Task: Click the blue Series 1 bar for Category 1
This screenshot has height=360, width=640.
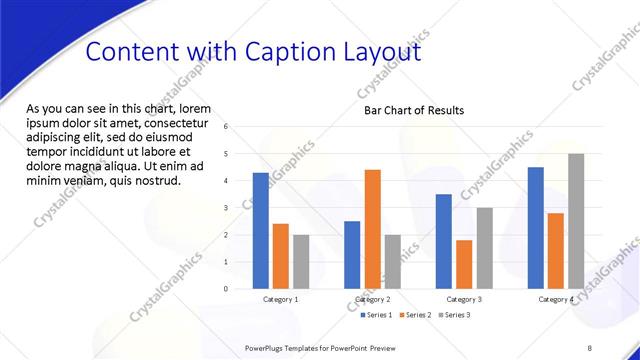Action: [260, 231]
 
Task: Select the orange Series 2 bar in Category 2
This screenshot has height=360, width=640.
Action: [372, 229]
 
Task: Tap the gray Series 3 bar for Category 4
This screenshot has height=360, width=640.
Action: [576, 221]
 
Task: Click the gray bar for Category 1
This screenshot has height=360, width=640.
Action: [301, 262]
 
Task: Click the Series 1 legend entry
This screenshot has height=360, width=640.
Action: [376, 315]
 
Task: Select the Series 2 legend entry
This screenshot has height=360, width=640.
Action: [414, 315]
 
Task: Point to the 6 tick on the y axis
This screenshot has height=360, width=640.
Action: [226, 127]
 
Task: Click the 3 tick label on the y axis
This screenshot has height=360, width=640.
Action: [226, 208]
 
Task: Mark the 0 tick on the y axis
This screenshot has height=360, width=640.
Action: [226, 289]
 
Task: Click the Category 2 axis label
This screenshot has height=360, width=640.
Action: [372, 299]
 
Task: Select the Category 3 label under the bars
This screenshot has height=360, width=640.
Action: [463, 299]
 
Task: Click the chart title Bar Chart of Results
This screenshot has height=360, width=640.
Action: [413, 110]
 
